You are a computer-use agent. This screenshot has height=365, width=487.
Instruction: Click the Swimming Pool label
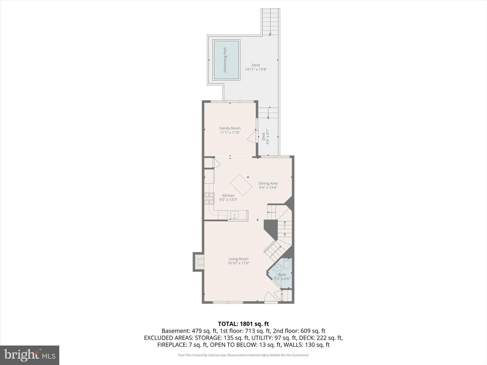click(x=225, y=60)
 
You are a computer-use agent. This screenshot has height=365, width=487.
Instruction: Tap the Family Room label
click(x=230, y=128)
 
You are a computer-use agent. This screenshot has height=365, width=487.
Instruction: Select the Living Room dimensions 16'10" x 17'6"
click(x=239, y=263)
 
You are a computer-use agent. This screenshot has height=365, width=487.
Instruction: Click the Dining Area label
click(x=268, y=184)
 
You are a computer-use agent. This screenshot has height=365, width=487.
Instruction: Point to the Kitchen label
click(x=228, y=196)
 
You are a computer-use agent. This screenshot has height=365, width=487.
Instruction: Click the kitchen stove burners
click(x=209, y=198)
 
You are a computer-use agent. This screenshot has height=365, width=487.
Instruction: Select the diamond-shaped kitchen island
click(x=241, y=185)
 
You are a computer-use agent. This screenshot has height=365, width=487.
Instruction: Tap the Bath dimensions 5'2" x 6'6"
click(x=282, y=279)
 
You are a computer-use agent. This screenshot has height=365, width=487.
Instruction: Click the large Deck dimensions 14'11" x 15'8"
click(x=256, y=69)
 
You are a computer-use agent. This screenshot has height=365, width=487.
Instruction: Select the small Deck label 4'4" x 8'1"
click(x=266, y=136)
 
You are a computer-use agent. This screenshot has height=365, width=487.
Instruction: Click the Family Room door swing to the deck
click(x=252, y=137)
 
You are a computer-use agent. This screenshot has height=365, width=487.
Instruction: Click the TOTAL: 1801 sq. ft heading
click(x=243, y=324)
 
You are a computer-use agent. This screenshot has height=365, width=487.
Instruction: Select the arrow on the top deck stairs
click(x=270, y=34)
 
